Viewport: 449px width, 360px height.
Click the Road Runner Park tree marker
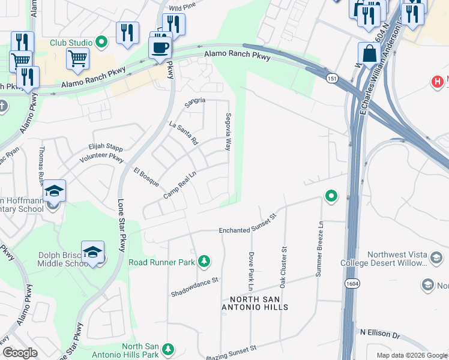tap(205, 260)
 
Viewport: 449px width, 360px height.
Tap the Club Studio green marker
tap(101, 42)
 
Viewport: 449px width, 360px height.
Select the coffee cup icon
tap(160, 47)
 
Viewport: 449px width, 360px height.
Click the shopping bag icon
tap(369, 54)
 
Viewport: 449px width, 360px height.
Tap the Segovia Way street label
tap(228, 131)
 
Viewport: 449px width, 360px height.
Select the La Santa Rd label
tap(184, 134)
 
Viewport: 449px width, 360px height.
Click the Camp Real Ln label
tap(181, 184)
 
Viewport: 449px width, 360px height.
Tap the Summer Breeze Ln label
tap(320, 248)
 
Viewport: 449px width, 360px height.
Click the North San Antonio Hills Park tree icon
tap(168, 348)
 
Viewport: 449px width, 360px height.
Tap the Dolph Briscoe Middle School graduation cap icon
tap(93, 251)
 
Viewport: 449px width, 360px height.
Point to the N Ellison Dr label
tap(379, 332)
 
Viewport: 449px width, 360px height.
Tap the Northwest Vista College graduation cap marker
tap(436, 258)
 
